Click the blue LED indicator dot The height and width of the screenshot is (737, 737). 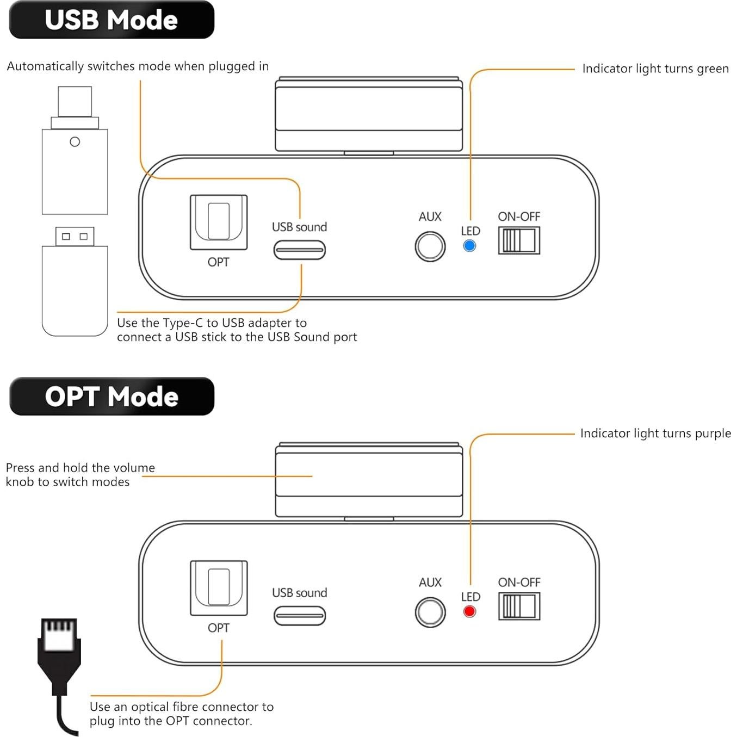click(469, 245)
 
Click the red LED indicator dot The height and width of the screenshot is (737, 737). click(469, 611)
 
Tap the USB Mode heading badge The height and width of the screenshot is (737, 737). click(112, 20)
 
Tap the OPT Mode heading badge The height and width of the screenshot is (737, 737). click(112, 396)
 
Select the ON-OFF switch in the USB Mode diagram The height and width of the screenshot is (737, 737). click(519, 240)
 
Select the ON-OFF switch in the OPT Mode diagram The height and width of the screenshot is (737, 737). click(519, 606)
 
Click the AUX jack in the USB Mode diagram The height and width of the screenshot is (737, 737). click(430, 246)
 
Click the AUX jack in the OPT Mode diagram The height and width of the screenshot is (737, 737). click(430, 612)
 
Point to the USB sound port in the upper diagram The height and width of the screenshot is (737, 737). click(300, 250)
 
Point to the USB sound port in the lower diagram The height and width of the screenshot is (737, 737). click(300, 616)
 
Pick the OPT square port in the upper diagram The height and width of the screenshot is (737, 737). click(219, 222)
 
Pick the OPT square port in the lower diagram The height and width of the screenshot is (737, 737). click(219, 588)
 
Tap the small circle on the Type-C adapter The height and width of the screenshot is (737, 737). click(75, 142)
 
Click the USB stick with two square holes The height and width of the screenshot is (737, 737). click(75, 282)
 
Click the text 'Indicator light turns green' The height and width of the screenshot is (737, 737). click(655, 69)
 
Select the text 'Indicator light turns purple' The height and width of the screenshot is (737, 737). click(655, 433)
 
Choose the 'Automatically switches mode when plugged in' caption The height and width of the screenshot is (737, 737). click(138, 66)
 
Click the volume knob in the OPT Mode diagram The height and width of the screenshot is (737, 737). click(369, 480)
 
